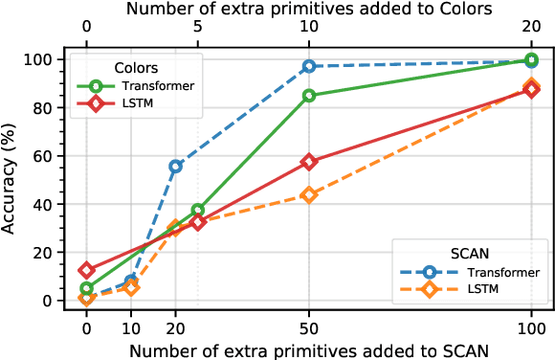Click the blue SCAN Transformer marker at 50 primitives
click(x=309, y=66)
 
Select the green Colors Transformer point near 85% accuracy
click(x=309, y=96)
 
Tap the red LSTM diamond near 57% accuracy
click(x=309, y=162)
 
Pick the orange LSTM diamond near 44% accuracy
click(x=309, y=194)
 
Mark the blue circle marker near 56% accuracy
click(x=176, y=166)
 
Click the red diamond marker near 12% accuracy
click(x=87, y=271)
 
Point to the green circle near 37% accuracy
click(x=198, y=210)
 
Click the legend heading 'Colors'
click(x=136, y=68)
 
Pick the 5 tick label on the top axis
click(x=198, y=28)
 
